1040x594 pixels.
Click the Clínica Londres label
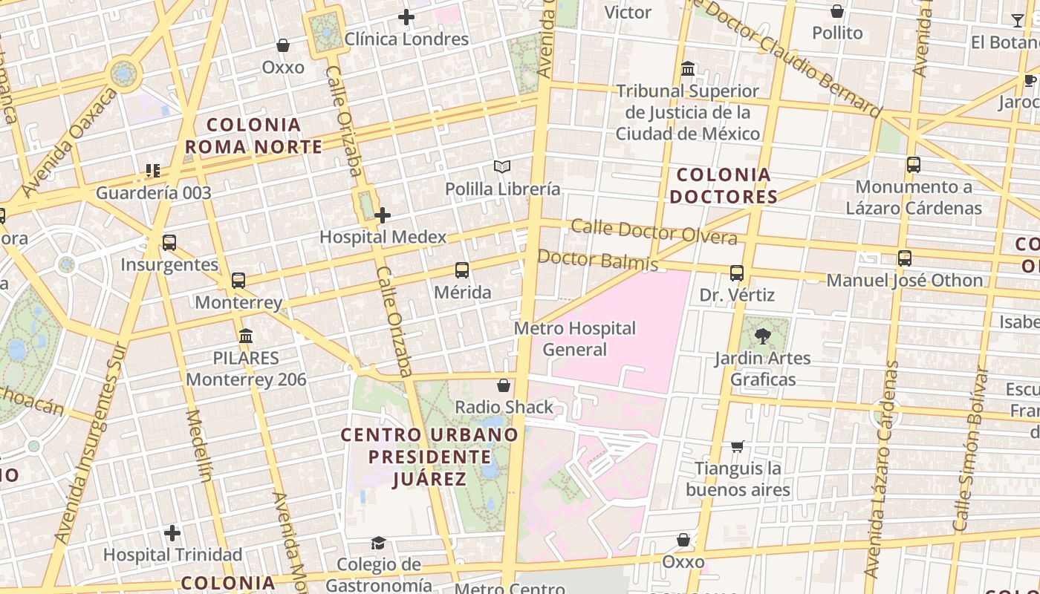point(406,39)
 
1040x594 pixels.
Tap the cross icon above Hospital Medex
point(383,215)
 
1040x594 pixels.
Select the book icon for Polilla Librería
point(502,167)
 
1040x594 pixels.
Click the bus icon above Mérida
point(462,270)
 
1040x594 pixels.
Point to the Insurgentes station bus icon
point(169,243)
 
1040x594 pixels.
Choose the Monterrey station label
point(238,302)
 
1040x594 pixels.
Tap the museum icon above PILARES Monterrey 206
point(246,336)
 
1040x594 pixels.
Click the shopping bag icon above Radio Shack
point(504,385)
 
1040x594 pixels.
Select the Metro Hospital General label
point(575,339)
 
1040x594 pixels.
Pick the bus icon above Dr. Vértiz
point(737,273)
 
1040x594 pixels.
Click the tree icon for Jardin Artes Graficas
point(762,336)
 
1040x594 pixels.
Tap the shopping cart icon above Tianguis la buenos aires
point(737,446)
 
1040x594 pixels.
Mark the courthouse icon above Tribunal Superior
point(688,69)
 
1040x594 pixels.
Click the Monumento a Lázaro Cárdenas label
point(914,198)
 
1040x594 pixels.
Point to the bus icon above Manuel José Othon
point(905,258)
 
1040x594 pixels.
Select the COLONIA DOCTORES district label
point(723,186)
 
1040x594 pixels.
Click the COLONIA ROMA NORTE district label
point(253,136)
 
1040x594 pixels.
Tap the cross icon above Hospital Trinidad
point(172,533)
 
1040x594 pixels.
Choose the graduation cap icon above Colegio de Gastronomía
point(379,543)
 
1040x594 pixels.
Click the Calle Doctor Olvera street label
point(654,232)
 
